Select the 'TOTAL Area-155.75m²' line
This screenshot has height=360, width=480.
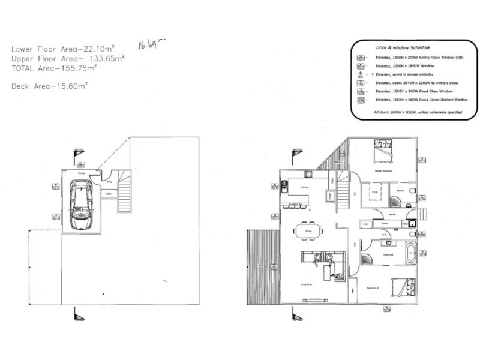(54, 68)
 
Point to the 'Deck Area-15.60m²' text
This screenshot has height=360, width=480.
(50, 86)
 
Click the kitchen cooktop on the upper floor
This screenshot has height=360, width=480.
(308, 175)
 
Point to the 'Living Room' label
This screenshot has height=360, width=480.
(308, 285)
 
